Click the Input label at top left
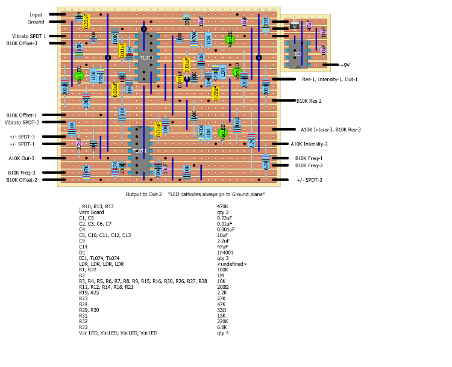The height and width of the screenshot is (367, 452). pos(36,14)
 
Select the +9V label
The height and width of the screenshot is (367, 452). pos(344,64)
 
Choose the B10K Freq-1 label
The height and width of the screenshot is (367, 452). pos(310,158)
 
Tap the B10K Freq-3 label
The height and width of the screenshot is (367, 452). pos(21,173)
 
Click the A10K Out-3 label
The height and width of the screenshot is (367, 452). pos(22,158)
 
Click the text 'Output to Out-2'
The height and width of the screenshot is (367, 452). pos(144,194)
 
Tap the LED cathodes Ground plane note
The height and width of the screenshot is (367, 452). pos(216,194)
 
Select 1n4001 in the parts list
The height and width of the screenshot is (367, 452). pos(225,253)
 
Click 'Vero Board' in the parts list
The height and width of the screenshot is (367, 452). pos(90,212)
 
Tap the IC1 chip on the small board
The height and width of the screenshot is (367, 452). pos(298,55)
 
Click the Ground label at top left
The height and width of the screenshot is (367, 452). pos(36,22)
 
